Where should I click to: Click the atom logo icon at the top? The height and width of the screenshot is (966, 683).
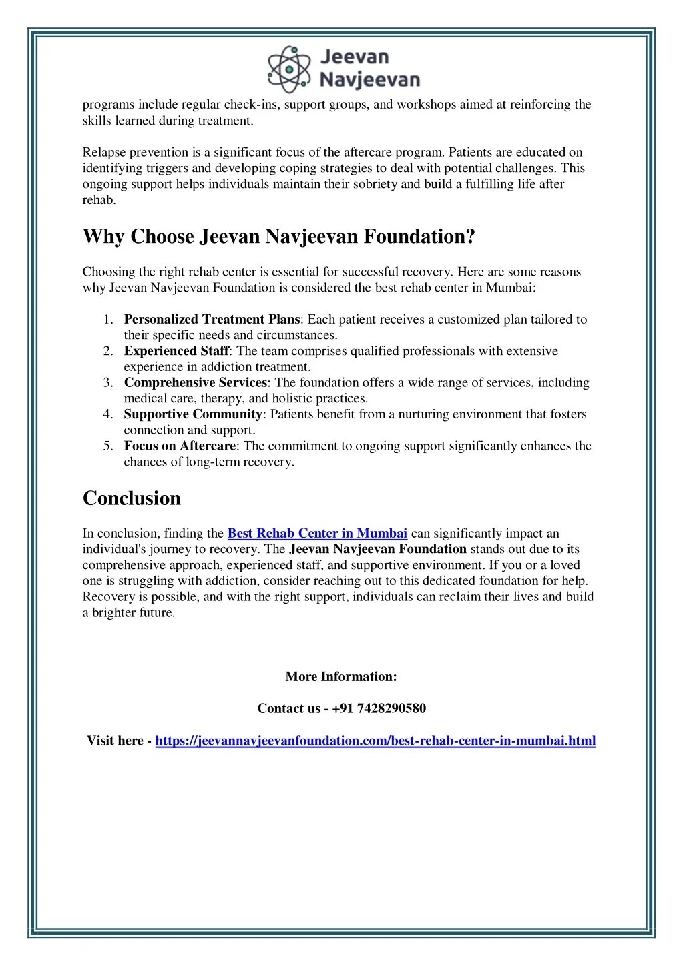point(289,69)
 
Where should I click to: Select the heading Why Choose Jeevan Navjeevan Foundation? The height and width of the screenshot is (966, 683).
point(278,237)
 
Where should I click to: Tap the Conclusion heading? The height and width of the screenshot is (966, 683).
point(132,498)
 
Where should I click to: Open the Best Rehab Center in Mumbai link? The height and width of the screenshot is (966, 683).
point(317,533)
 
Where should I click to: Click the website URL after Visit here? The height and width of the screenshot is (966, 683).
point(375,741)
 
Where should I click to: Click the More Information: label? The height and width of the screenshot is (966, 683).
point(341,676)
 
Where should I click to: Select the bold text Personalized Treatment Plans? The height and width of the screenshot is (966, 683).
point(212,320)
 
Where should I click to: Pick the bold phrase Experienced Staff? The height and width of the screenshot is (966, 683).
point(176,351)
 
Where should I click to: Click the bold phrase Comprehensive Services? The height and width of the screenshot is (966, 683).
point(196,383)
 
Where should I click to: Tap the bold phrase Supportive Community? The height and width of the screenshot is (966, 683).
point(193,414)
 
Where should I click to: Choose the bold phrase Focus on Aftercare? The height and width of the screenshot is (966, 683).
point(180,446)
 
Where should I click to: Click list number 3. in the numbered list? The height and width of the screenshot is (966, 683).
point(108,383)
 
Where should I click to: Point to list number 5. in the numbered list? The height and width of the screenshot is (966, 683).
point(108,446)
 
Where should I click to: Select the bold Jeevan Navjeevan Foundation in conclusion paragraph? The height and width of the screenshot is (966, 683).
point(378,549)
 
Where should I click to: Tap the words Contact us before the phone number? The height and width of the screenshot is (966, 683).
point(288,708)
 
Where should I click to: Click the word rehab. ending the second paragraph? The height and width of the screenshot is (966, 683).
point(99,200)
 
